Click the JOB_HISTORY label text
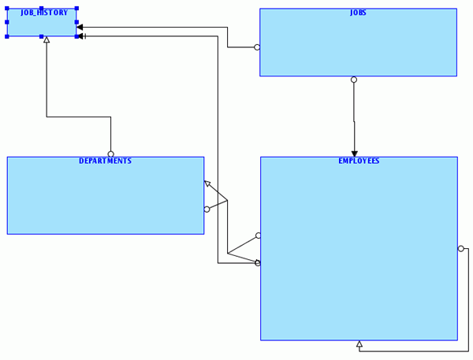click(x=44, y=13)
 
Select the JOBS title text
click(x=358, y=13)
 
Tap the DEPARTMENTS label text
click(x=105, y=161)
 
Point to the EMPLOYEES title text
click(x=359, y=161)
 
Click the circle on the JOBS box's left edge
click(x=257, y=47)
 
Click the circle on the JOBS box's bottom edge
click(x=354, y=80)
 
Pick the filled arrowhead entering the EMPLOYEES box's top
click(x=354, y=153)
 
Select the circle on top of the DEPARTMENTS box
click(x=110, y=154)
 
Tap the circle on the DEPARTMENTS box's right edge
click(x=207, y=210)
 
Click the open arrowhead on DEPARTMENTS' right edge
click(x=207, y=184)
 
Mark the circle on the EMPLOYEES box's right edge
click(x=460, y=249)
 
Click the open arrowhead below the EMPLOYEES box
click(x=359, y=344)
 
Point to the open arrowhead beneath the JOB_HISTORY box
click(x=47, y=39)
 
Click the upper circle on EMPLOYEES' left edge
click(x=258, y=236)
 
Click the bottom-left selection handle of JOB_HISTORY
click(x=7, y=36)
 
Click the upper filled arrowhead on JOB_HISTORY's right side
click(x=80, y=28)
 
